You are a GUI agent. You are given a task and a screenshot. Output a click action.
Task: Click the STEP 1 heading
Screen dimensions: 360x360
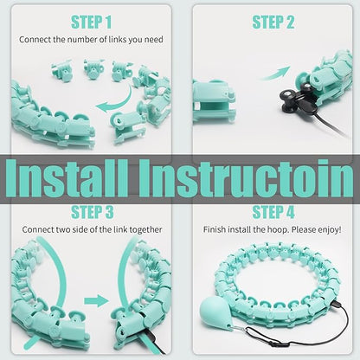pyautogui.click(x=91, y=22)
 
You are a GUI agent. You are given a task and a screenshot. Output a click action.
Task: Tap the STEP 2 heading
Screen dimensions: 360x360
pyautogui.click(x=273, y=22)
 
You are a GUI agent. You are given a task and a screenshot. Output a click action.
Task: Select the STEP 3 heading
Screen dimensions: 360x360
pyautogui.click(x=93, y=212)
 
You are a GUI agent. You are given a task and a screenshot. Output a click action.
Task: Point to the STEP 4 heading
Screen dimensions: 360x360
pyautogui.click(x=273, y=212)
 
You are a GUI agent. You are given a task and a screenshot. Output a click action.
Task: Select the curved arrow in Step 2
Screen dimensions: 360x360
pyautogui.click(x=275, y=74)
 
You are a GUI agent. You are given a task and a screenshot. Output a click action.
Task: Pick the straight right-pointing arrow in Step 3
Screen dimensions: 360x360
pyautogui.click(x=96, y=301)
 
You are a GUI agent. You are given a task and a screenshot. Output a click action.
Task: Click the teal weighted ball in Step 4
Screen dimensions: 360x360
pyautogui.click(x=214, y=313)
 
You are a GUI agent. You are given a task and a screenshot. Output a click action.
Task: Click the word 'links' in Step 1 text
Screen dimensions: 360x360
pyautogui.click(x=118, y=39)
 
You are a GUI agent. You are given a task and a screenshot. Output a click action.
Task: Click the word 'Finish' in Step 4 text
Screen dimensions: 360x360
pyautogui.click(x=215, y=229)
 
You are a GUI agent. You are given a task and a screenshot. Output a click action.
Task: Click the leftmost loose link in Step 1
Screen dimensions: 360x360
pyautogui.click(x=61, y=71)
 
